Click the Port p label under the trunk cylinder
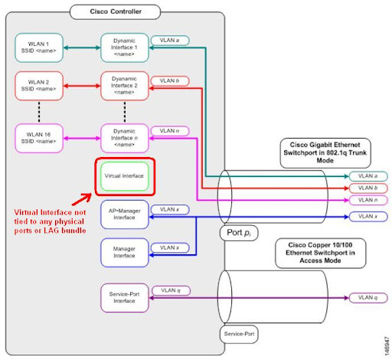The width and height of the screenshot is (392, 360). (239, 230)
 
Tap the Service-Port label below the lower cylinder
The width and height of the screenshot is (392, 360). (238, 335)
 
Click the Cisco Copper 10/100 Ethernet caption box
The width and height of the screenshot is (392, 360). (319, 252)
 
